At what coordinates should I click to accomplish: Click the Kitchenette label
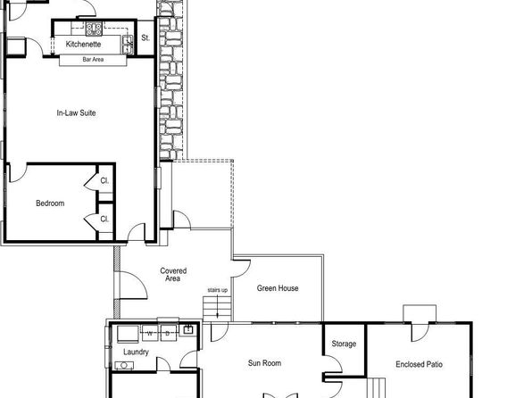pos(83,44)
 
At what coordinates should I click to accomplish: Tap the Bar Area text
pos(94,60)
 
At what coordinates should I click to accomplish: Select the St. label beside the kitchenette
pos(145,38)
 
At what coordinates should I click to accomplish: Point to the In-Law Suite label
pos(76,113)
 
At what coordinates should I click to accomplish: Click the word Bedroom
pos(50,203)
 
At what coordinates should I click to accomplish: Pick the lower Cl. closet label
pos(104,219)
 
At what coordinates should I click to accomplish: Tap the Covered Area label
pos(172,275)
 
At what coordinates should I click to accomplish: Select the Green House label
pos(278,288)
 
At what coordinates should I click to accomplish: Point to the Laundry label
pos(136,352)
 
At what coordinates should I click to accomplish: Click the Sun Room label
pos(264,363)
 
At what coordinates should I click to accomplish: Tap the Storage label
pos(344,344)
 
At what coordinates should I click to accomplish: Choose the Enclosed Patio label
pos(419,364)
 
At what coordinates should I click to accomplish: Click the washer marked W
pos(150,334)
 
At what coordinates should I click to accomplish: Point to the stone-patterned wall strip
pos(172,80)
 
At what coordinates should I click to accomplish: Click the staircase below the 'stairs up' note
pos(217,308)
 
